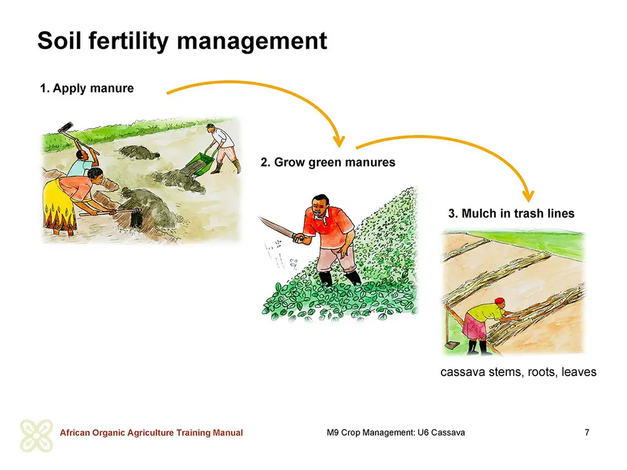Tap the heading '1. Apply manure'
(x=87, y=88)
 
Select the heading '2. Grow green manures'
(x=328, y=163)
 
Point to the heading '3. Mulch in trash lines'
(x=511, y=213)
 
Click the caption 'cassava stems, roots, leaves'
(x=518, y=372)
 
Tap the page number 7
(x=587, y=432)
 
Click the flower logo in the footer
(x=37, y=435)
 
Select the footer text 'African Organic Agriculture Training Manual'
(x=151, y=433)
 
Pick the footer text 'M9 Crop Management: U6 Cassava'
(x=396, y=432)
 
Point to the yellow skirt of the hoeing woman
(x=58, y=206)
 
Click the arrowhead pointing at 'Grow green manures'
(x=339, y=141)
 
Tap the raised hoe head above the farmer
(x=66, y=127)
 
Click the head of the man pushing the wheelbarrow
(x=210, y=128)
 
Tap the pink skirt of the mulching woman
(x=474, y=326)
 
